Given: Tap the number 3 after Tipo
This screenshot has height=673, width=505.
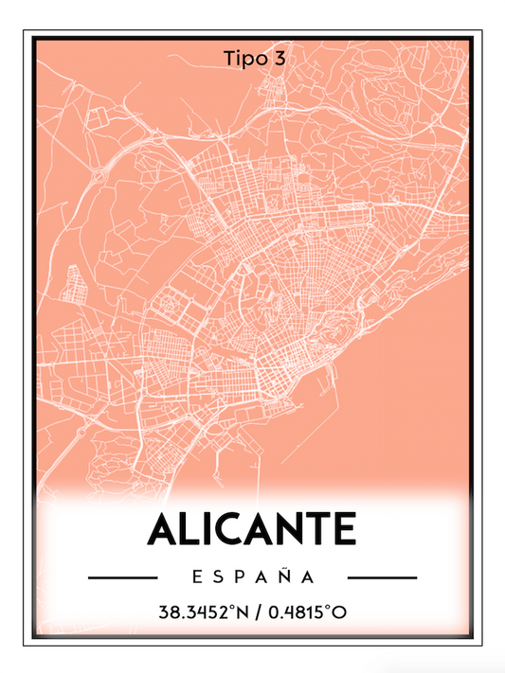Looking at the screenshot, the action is coord(279,59).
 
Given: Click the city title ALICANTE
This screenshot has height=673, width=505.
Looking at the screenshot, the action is coord(252,528).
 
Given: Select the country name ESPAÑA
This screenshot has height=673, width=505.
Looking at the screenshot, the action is coord(252,576).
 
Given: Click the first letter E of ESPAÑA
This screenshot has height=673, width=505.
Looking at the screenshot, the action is coord(195,576).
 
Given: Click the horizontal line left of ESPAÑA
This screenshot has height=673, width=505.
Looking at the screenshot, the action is coord(121,576).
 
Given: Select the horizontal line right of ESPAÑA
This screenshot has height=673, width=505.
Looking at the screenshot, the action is coord(382,576).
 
